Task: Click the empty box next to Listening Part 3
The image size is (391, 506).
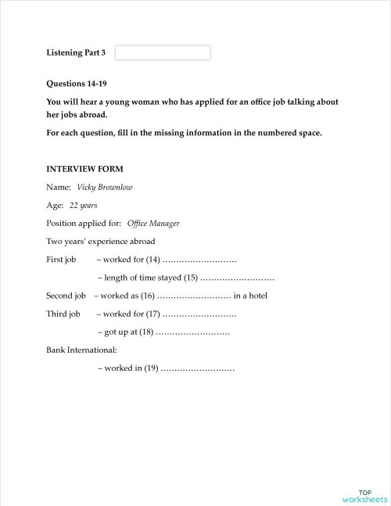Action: [163, 52]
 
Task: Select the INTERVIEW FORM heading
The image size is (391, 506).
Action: [84, 169]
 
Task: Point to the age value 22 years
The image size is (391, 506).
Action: [84, 206]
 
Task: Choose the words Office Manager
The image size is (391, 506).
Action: [153, 224]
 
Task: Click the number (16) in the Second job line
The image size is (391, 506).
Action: [148, 296]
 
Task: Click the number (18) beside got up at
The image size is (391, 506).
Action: [145, 332]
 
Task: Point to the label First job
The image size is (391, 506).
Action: [61, 260]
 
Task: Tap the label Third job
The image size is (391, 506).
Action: [63, 314]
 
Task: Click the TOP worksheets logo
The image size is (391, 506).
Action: [364, 495]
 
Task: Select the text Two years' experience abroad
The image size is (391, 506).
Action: [101, 242]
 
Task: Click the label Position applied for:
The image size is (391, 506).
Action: [84, 224]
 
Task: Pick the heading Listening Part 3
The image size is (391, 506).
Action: [76, 52]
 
